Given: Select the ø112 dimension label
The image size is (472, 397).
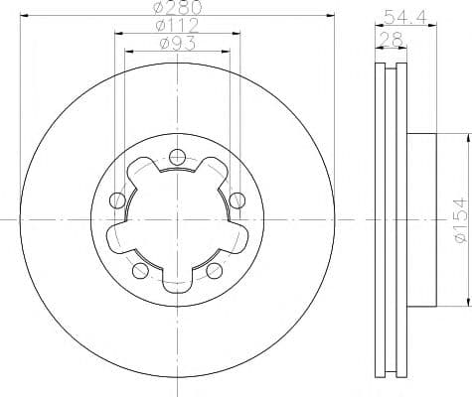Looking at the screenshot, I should click(177, 27).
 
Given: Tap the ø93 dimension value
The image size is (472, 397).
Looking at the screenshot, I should click(177, 43).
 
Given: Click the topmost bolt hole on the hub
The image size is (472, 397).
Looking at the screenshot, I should click(177, 156).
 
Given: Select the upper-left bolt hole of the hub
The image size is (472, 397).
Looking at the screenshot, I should click(118, 200).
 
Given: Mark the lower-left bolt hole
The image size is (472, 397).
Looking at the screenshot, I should click(140, 269).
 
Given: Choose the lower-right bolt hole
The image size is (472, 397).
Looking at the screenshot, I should click(214, 269).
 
